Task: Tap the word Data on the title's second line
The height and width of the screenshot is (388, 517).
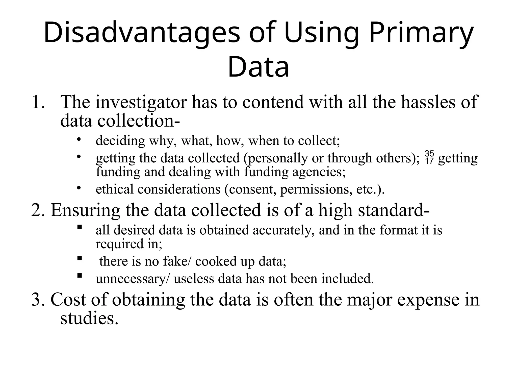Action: pos(258,67)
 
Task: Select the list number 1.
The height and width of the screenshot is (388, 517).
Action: pos(38,102)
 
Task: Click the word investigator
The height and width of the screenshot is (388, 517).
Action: pos(141,103)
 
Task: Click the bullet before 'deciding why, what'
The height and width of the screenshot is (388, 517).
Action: pos(79,139)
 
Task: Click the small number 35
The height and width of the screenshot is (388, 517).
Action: pos(429,153)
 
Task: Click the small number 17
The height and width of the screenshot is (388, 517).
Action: pos(429,161)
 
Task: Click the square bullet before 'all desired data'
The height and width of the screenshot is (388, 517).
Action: pos(79,227)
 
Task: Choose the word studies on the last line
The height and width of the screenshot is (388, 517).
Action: pos(89,318)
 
